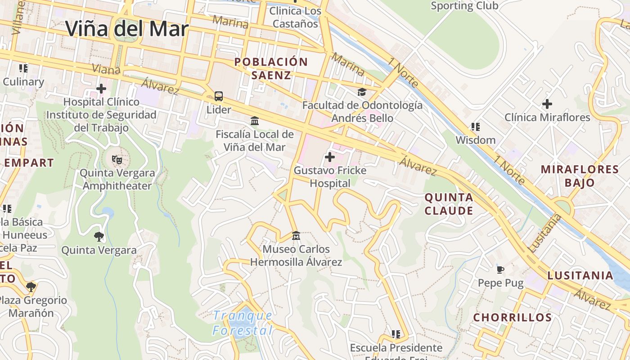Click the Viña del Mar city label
pos(127,29)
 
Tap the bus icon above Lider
pos(219,96)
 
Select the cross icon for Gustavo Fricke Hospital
pos(330,157)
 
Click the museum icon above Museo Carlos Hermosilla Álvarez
pos(296,235)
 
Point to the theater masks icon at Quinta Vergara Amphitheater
pos(117,159)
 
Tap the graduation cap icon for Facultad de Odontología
pos(362,92)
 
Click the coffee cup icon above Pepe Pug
pos(500,270)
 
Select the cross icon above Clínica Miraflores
pos(547,104)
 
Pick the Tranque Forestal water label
pos(243,323)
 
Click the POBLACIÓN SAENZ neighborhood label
pos(271,68)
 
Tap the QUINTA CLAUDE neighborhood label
pos(449,204)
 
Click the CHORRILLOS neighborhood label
pos(513,317)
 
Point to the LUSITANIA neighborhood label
pos(580,275)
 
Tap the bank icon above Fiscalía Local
pos(255,121)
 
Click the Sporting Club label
pos(464,6)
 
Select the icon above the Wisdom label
pos(475,127)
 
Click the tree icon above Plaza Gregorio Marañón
pos(31,287)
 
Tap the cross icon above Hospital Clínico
pos(101,89)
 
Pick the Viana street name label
pos(106,69)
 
